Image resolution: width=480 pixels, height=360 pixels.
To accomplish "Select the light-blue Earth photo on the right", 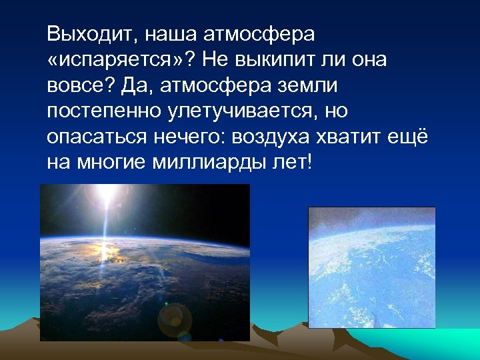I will pos(371,267).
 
